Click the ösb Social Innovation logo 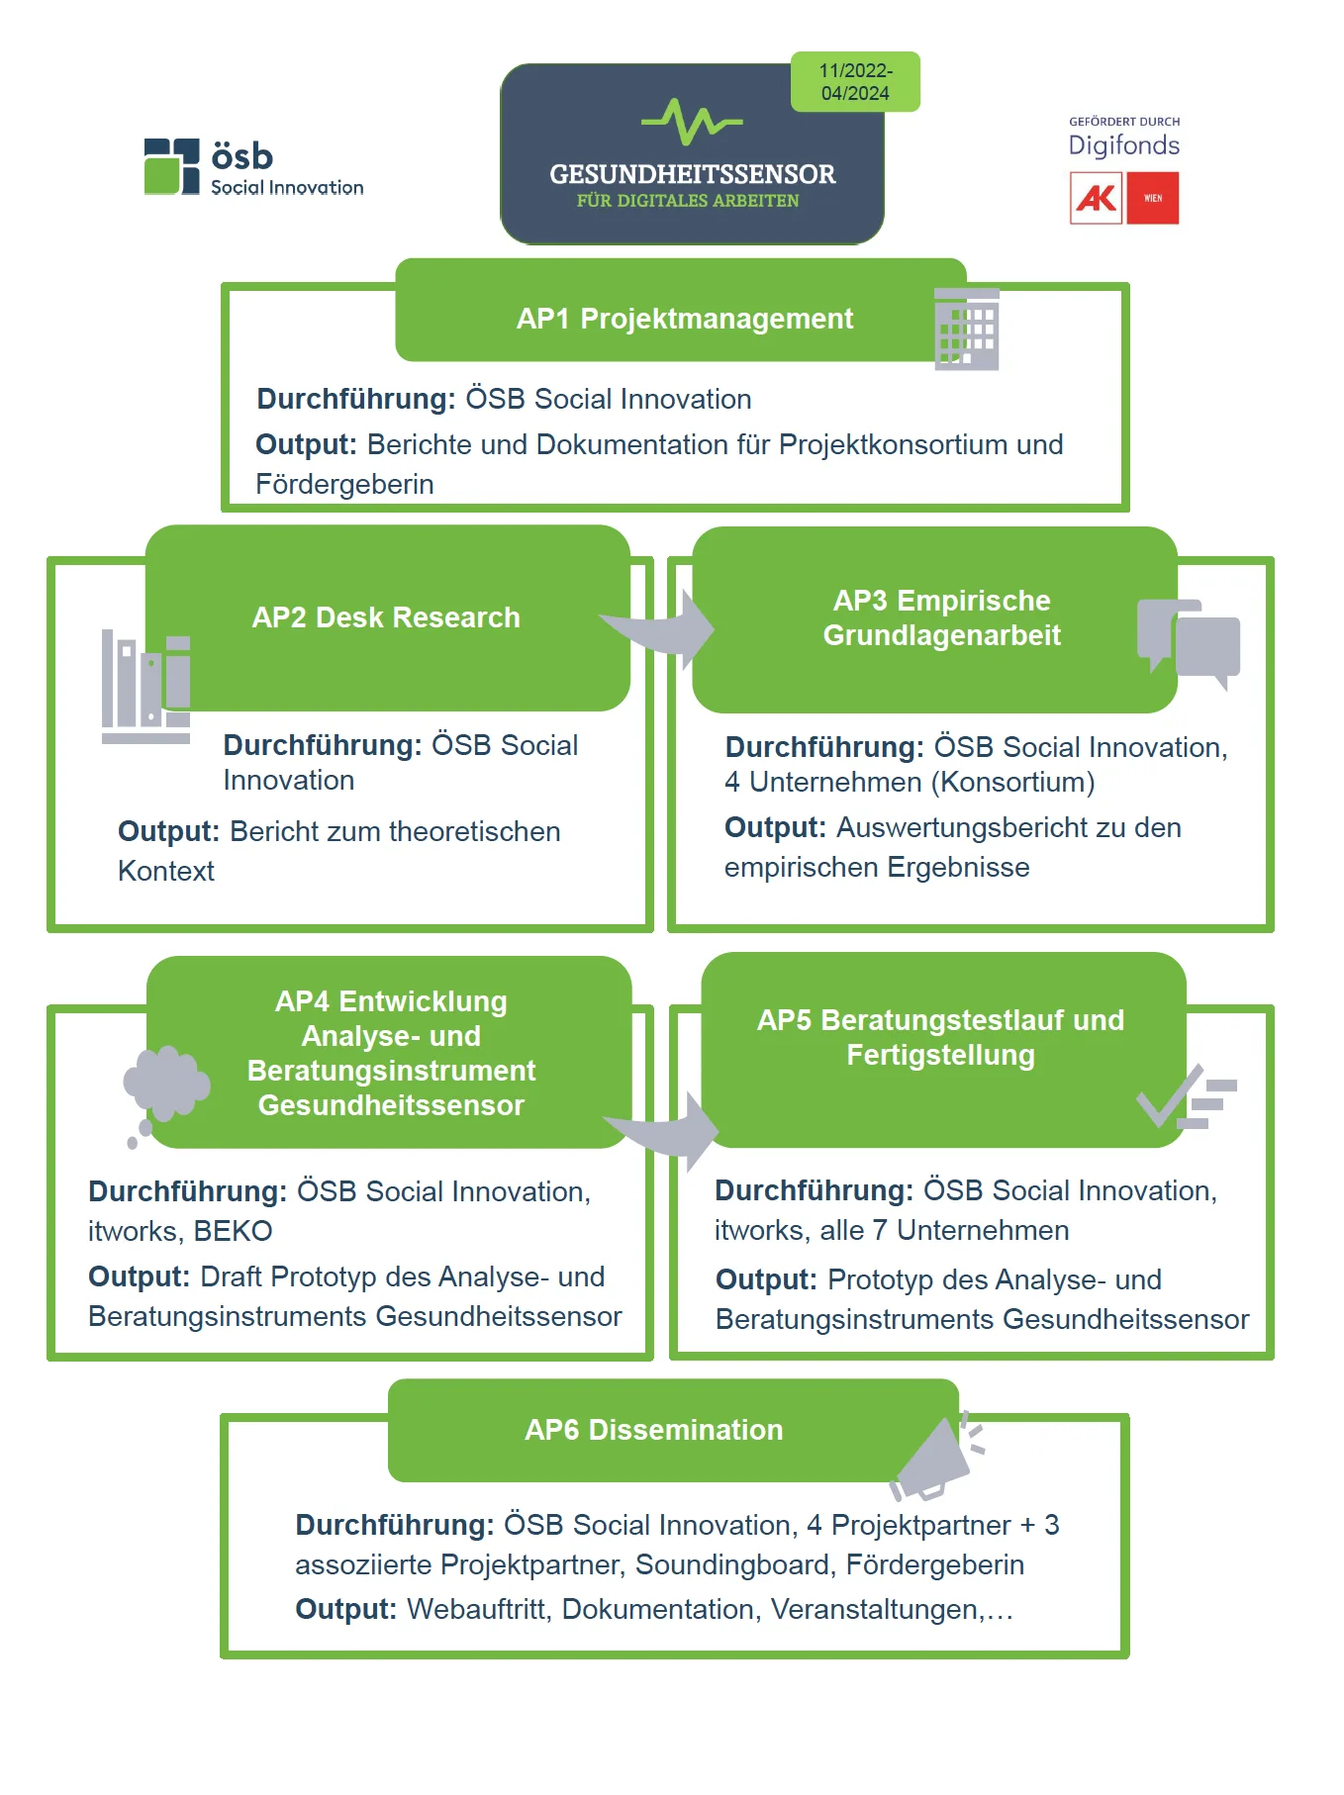(253, 167)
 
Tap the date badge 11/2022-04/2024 (855, 82)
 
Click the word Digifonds (1123, 145)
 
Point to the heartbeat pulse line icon (692, 122)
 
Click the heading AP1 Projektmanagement (684, 319)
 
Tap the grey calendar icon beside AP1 (967, 330)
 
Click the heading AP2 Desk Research (386, 617)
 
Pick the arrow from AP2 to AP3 (662, 629)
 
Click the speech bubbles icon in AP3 (1189, 640)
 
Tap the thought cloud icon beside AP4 (164, 1088)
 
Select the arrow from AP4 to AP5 (666, 1131)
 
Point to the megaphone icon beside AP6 (936, 1458)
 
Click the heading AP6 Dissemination (653, 1430)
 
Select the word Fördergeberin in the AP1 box (344, 484)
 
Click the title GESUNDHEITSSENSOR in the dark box (692, 174)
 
